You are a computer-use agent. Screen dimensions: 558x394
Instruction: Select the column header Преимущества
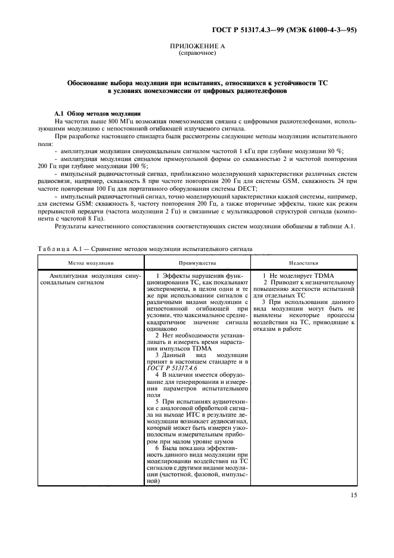pos(196,262)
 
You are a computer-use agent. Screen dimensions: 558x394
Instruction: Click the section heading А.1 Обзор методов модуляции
pos(97,113)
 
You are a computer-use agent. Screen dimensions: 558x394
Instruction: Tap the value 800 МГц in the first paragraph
pos(108,121)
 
